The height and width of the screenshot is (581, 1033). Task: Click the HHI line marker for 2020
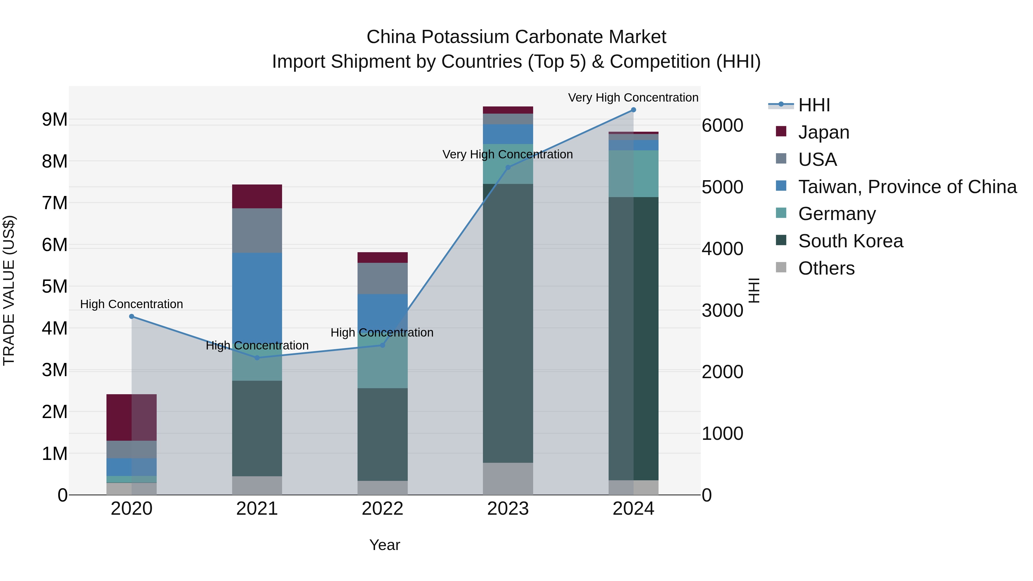[131, 316]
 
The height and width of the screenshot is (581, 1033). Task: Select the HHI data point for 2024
[633, 110]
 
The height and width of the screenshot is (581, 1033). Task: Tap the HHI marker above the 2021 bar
[257, 358]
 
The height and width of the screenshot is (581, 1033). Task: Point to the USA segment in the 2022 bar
[382, 278]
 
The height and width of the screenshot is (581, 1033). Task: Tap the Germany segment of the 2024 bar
[633, 174]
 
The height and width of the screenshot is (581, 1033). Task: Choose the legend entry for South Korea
[850, 241]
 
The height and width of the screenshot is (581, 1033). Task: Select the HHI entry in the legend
[814, 105]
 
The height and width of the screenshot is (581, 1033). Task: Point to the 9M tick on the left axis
[55, 119]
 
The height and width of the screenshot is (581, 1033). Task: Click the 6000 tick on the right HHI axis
[722, 125]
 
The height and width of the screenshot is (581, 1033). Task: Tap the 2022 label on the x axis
[382, 509]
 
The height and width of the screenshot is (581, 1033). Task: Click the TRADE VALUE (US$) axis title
[9, 290]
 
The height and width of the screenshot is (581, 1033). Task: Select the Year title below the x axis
[384, 545]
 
